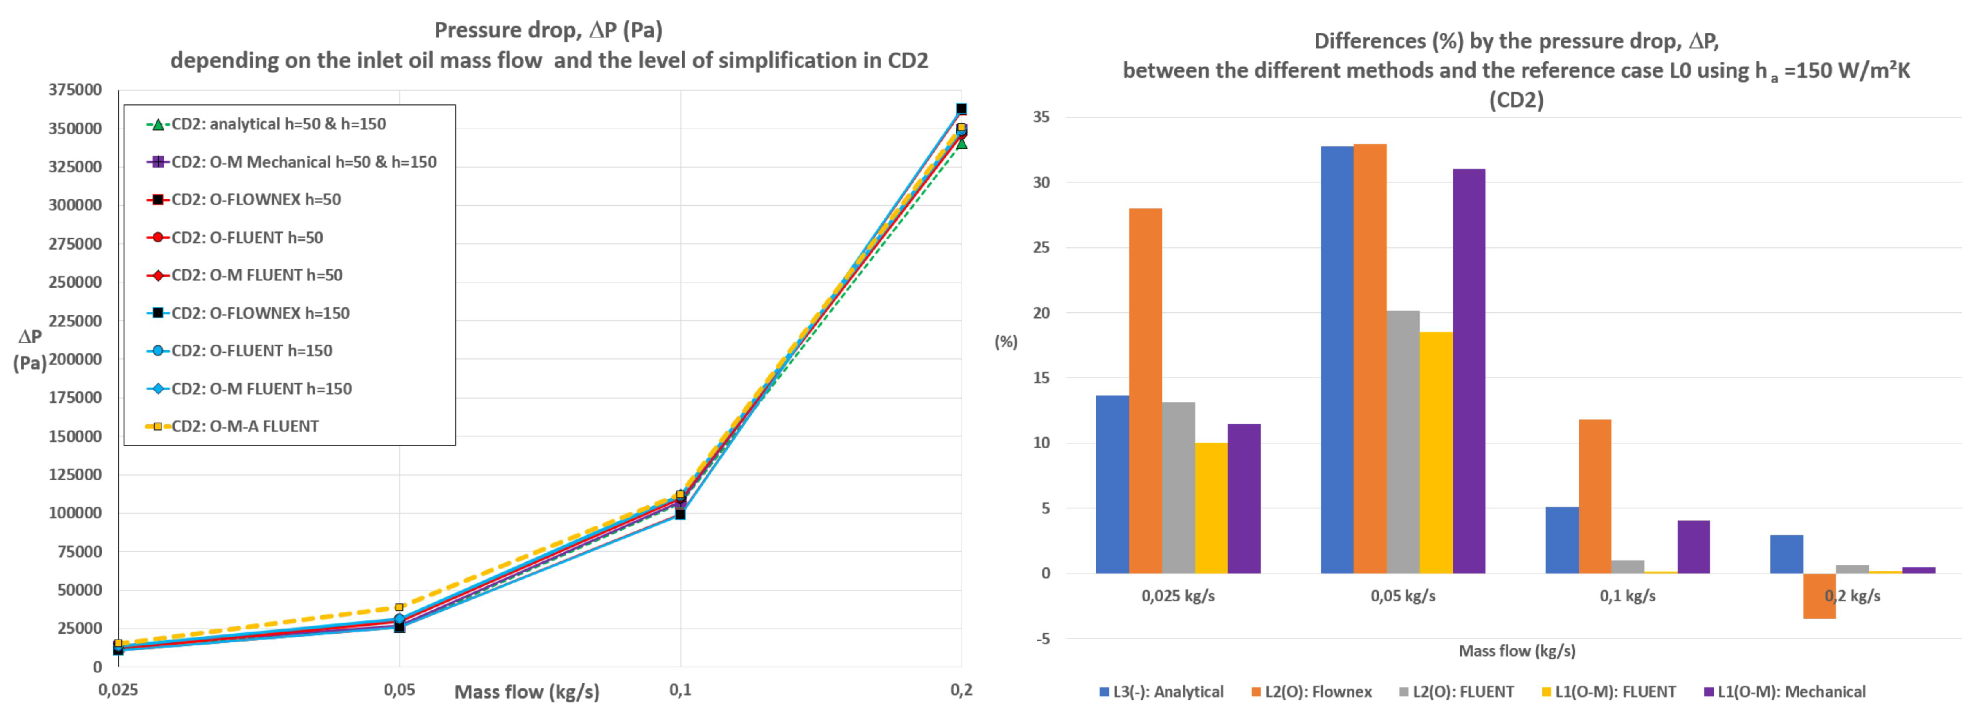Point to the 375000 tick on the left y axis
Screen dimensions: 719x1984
[75, 90]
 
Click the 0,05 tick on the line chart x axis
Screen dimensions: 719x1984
[399, 690]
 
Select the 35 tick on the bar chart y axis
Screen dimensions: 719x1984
[1040, 117]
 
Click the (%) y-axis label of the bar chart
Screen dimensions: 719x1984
[1006, 342]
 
